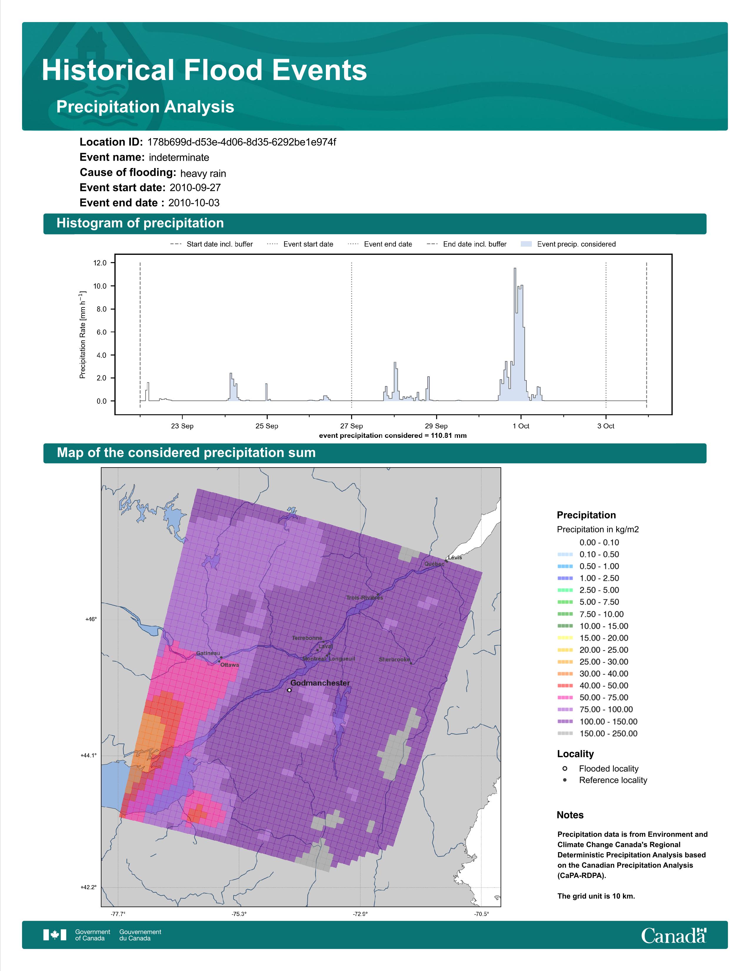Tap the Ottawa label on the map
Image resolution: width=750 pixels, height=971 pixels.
(230, 665)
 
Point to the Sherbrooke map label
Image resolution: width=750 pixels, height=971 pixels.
(394, 659)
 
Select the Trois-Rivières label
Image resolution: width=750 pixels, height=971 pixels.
(365, 598)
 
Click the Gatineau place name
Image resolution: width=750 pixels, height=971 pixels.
(208, 653)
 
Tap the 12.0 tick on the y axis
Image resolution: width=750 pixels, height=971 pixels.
(100, 263)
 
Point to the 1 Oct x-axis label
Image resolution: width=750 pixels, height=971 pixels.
(521, 426)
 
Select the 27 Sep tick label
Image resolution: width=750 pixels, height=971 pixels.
(351, 426)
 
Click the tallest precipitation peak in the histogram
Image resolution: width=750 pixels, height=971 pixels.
(514, 269)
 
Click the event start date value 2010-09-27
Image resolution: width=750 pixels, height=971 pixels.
(195, 188)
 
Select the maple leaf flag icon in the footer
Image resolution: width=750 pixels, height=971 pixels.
(55, 935)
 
